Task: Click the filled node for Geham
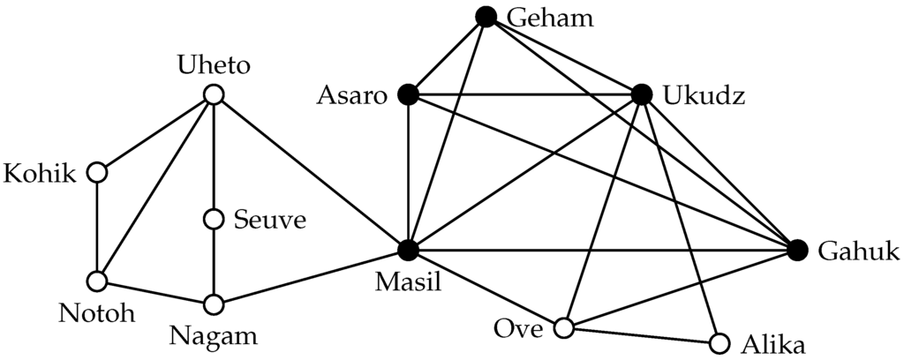[486, 16]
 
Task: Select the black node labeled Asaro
[407, 94]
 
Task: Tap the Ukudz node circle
[642, 94]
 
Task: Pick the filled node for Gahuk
[797, 251]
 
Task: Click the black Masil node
[407, 251]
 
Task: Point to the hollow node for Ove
[563, 329]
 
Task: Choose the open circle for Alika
[719, 342]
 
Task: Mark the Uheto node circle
[212, 94]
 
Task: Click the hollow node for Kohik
[97, 172]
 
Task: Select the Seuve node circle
[212, 218]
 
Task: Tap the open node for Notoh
[97, 281]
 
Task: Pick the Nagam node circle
[212, 304]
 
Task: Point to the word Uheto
[213, 65]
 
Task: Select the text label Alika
[774, 343]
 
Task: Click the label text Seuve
[270, 219]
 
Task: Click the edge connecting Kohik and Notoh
[97, 227]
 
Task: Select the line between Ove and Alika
[641, 335]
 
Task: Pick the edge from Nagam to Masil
[309, 278]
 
